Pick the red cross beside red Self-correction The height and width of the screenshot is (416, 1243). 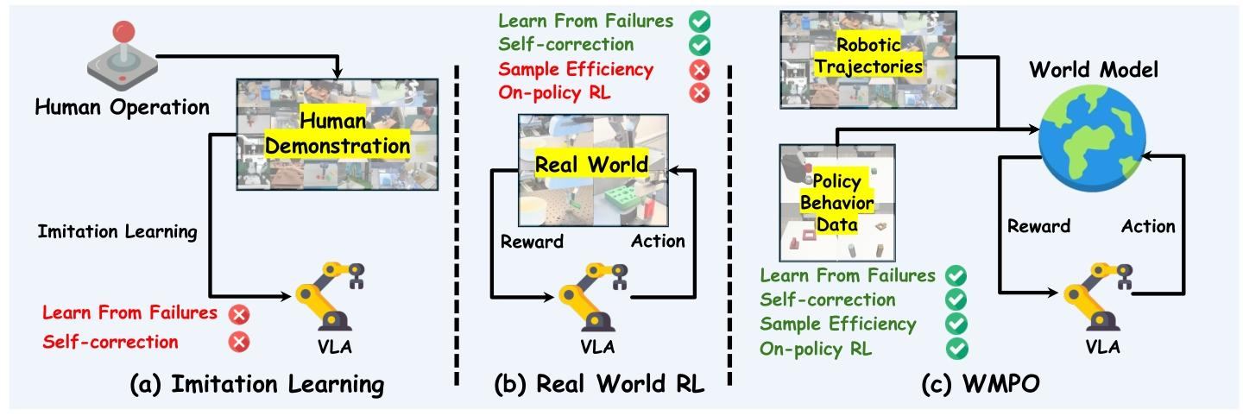coord(238,341)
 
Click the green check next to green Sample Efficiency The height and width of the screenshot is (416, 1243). coord(956,325)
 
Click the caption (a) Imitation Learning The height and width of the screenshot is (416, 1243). coord(256,384)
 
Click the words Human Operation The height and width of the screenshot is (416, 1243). coord(122,108)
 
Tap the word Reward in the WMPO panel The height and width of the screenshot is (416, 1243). coord(1038,226)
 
